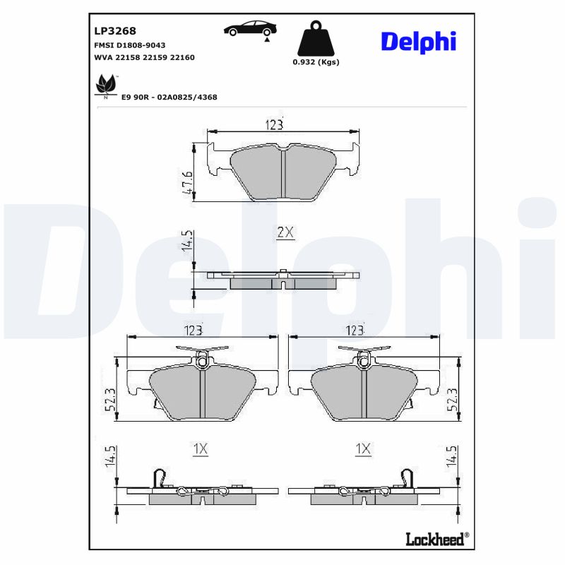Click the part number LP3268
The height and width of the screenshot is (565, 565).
[115, 31]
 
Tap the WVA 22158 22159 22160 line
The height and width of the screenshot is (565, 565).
[144, 57]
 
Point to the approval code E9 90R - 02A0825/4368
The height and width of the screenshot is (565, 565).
[169, 97]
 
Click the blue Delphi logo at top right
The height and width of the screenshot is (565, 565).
[419, 41]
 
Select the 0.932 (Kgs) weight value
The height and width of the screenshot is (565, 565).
[316, 62]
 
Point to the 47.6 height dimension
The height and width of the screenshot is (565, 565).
[186, 182]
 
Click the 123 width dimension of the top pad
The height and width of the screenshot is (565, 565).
[275, 125]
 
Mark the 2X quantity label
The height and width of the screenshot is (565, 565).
[284, 232]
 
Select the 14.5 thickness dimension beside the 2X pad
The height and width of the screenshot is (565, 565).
[186, 240]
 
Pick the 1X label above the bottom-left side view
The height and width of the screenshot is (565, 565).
[201, 448]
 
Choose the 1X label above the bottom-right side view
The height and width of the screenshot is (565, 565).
[363, 448]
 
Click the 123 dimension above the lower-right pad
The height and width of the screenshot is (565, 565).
[355, 330]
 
